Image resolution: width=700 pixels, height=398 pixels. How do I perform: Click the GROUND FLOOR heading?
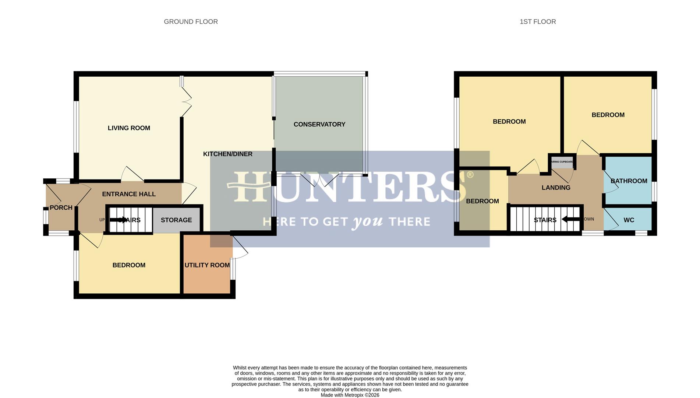(191, 22)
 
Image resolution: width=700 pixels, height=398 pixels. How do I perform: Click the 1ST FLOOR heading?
(537, 22)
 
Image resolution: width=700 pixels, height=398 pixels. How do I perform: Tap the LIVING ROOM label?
(129, 128)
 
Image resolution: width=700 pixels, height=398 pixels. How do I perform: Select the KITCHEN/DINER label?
(227, 154)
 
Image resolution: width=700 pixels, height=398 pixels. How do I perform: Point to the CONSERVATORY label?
(319, 125)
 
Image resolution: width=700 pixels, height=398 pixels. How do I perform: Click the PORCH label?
(61, 208)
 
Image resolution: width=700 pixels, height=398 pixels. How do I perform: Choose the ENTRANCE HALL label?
(129, 194)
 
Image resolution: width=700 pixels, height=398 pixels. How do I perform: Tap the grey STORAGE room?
(176, 220)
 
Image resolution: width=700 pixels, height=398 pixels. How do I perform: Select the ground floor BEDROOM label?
(129, 265)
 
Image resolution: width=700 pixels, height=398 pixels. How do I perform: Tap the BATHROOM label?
(629, 181)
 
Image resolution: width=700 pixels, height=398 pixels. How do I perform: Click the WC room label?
(629, 220)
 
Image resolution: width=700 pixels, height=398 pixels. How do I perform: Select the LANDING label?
(556, 188)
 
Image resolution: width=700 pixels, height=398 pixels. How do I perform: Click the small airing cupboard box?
(562, 162)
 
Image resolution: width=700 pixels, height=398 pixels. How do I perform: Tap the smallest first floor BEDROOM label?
(482, 201)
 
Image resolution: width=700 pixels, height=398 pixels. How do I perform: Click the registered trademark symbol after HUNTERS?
(470, 175)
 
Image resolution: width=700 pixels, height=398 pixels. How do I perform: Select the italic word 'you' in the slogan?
(368, 222)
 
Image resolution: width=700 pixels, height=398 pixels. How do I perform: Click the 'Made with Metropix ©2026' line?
(350, 395)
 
